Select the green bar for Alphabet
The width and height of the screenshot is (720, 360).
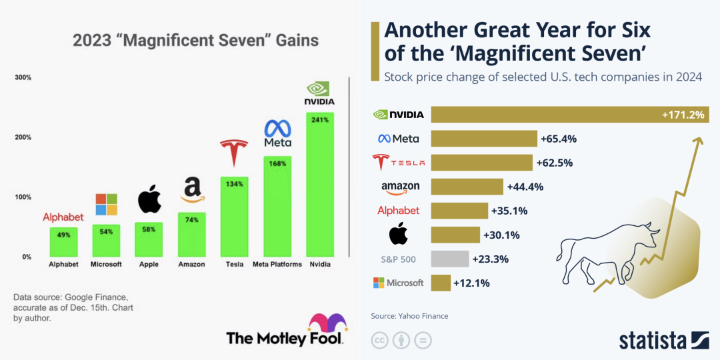[63, 242]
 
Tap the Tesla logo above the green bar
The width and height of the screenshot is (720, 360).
[234, 153]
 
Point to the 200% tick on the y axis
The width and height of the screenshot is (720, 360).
[23, 137]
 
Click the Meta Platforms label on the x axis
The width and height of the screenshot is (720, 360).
[277, 264]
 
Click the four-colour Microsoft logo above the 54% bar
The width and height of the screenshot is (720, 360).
[106, 205]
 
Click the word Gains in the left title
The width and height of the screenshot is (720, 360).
[293, 41]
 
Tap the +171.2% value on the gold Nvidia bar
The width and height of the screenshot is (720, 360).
[683, 115]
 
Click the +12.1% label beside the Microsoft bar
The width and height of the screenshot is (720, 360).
[471, 283]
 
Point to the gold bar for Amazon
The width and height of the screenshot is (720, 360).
[467, 187]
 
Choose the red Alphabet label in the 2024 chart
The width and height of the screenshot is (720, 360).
[399, 211]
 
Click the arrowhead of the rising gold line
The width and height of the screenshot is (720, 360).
[699, 139]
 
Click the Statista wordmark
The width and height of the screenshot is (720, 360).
[653, 340]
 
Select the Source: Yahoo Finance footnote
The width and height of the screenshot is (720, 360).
[409, 316]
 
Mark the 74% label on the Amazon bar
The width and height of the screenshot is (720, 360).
[191, 220]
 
